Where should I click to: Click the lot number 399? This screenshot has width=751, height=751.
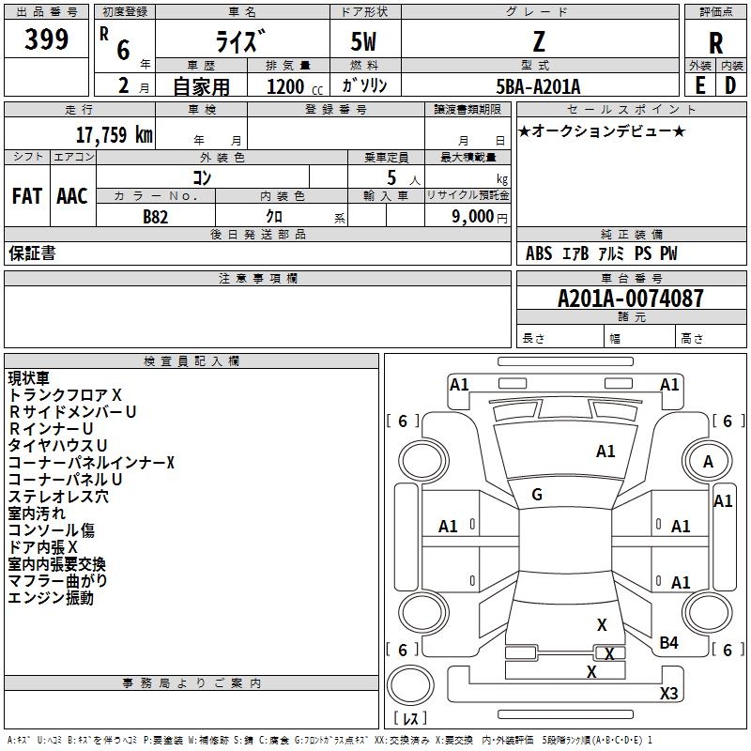click(x=46, y=39)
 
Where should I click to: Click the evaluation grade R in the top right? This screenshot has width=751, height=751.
click(x=715, y=42)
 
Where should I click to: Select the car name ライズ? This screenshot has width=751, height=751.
click(x=241, y=40)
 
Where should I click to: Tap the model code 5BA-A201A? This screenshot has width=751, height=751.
click(x=538, y=86)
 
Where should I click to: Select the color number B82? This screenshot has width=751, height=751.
click(x=156, y=216)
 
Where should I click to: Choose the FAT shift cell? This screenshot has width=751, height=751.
click(x=26, y=195)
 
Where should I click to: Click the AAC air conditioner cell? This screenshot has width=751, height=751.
click(x=72, y=195)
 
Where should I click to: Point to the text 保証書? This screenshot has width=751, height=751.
click(x=32, y=253)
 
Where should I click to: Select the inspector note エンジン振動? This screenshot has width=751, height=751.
click(x=51, y=598)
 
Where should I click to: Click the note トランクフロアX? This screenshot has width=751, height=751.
click(x=65, y=395)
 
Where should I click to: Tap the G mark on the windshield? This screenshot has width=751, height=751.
click(x=537, y=495)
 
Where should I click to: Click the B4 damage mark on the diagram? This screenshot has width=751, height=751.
click(x=668, y=642)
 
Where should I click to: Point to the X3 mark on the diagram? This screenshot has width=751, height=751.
click(x=668, y=693)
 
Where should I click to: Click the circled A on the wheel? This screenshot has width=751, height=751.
click(x=708, y=461)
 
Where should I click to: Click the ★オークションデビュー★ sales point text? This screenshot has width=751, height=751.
click(x=602, y=130)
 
